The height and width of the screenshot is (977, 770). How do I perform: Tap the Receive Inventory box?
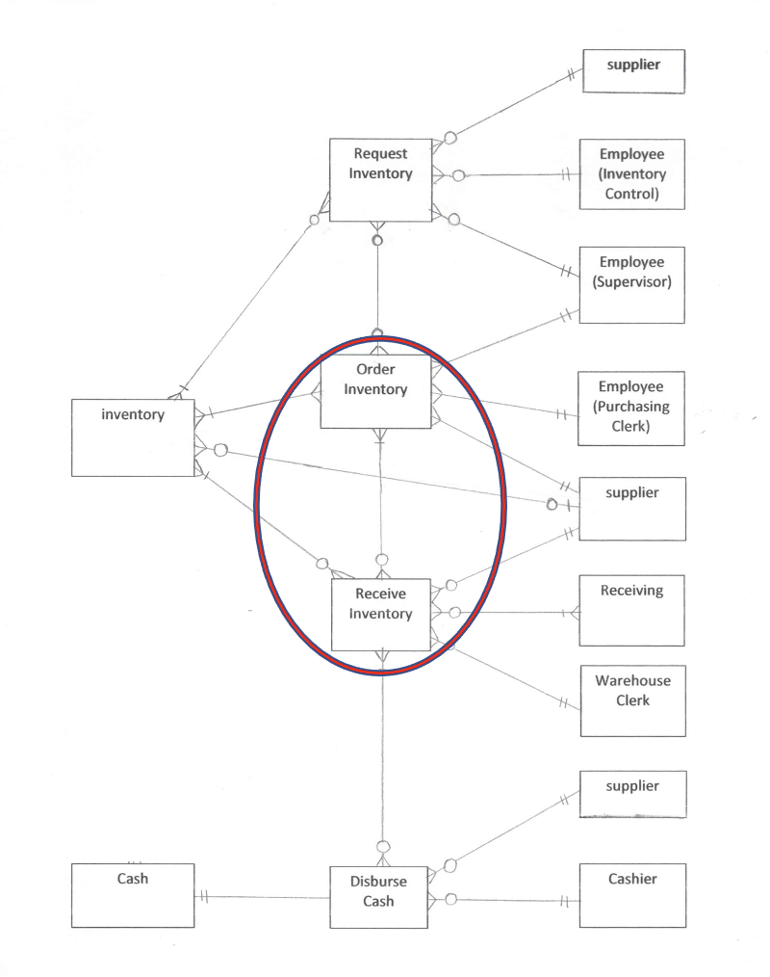(380, 614)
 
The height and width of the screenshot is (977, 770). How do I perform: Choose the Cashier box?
(632, 895)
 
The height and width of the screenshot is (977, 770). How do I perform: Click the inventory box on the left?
(133, 436)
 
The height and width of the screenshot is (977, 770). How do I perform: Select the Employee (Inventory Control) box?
(631, 173)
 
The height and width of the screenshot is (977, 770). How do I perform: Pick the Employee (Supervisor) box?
(631, 284)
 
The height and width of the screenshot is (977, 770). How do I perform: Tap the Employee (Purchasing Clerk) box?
(631, 408)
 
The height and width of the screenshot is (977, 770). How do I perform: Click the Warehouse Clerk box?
(632, 700)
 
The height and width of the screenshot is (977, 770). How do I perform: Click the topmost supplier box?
(632, 71)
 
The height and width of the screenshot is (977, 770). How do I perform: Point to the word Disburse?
(378, 882)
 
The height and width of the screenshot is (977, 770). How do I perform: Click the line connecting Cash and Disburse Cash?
(265, 897)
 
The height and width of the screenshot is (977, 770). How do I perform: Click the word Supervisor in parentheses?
(631, 282)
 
